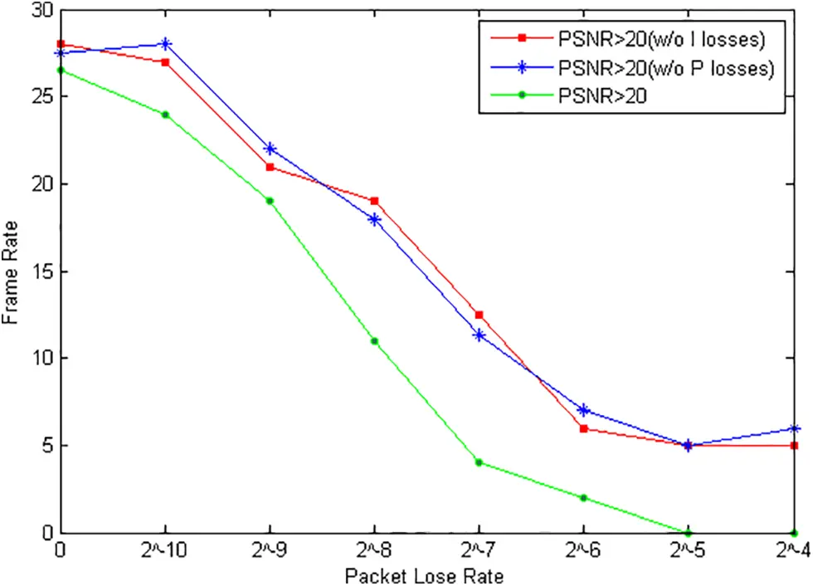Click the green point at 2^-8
coord(374,341)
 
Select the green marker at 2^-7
coord(479,462)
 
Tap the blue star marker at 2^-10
coord(165,44)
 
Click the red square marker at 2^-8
coord(374,201)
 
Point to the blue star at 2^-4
coord(794,428)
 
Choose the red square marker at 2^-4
coord(794,446)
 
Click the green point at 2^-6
coord(583,498)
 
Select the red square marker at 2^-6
coord(583,428)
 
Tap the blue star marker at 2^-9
coord(270,149)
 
